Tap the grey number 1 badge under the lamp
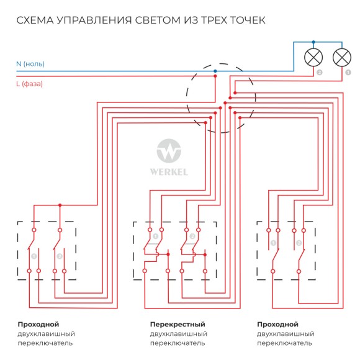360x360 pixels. [x=348, y=72]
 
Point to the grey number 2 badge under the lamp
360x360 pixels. [x=319, y=72]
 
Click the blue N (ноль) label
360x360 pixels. [x=30, y=64]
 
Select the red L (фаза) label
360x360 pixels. [x=29, y=83]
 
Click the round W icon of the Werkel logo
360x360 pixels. [x=168, y=151]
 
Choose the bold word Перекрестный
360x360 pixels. [x=178, y=324]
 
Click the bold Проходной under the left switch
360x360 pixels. [x=38, y=324]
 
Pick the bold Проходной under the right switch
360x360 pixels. [x=277, y=324]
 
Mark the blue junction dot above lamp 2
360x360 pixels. [x=312, y=43]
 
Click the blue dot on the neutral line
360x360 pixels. [x=215, y=71]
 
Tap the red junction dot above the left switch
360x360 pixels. [x=60, y=205]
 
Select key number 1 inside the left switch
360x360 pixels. [x=34, y=256]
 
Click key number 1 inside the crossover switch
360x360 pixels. [x=155, y=236]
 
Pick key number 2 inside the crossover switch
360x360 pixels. [x=192, y=236]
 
